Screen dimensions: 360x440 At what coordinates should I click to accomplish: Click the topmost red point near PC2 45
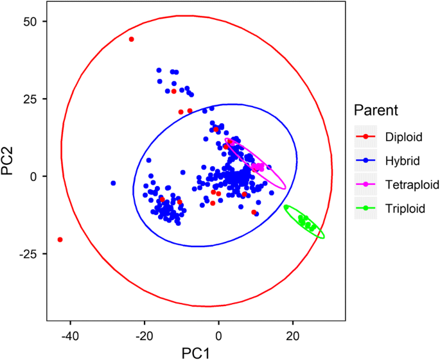[132, 39]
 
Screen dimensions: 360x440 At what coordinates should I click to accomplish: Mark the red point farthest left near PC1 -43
[60, 239]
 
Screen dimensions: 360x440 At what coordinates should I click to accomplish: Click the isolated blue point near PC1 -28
[114, 183]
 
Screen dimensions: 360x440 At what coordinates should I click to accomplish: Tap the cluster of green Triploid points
[306, 223]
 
